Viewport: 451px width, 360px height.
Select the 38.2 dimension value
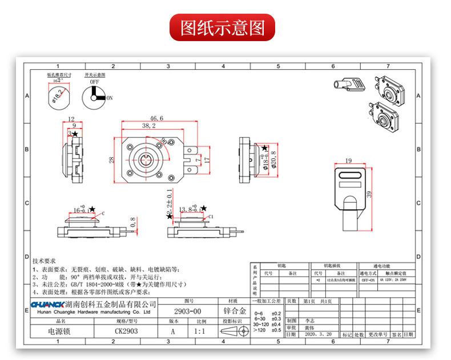pos(148,126)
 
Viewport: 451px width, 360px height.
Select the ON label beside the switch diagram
pos(110,98)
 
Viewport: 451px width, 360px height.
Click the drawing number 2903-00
pos(187,311)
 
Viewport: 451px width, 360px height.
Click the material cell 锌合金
pos(233,311)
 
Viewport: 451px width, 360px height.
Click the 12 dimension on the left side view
pos(71,119)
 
